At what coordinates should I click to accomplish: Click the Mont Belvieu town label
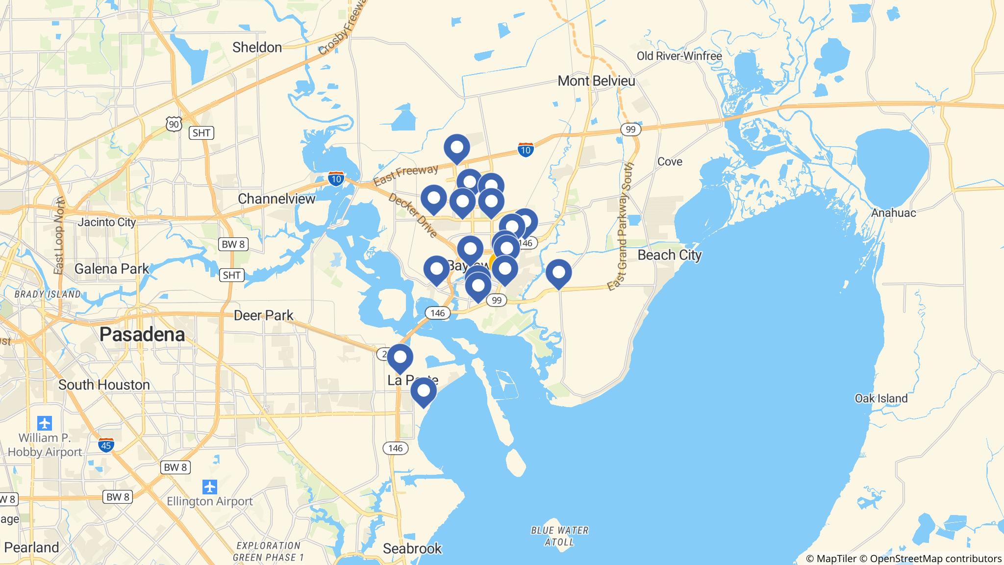596,81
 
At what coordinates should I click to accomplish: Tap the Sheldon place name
257,48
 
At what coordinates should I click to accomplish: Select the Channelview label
276,199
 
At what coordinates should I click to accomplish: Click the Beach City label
670,255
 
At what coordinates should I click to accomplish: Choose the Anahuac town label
894,213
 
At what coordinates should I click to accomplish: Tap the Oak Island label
881,398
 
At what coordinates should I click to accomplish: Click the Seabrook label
412,548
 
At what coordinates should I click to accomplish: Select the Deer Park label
263,315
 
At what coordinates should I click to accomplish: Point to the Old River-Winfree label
679,56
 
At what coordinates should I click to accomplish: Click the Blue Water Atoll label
559,536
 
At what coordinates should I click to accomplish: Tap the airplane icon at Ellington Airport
210,487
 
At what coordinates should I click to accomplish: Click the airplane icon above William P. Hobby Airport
45,422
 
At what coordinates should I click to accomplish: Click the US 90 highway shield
174,125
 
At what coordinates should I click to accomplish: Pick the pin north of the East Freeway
456,148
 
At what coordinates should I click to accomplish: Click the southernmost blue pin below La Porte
423,391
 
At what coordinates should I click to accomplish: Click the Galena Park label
112,269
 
